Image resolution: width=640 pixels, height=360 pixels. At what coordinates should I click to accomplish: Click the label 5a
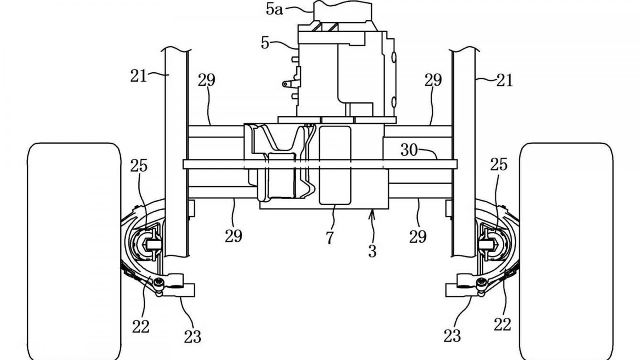[x=274, y=10]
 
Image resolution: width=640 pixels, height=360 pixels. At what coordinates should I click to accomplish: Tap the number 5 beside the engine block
[x=265, y=44]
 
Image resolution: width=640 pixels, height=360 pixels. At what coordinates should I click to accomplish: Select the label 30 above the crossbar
[x=409, y=150]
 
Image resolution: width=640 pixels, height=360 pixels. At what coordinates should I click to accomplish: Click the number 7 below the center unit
[x=330, y=238]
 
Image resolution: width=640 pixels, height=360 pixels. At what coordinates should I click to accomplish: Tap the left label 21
[x=138, y=76]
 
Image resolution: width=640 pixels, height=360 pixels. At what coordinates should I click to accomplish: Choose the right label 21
[x=504, y=80]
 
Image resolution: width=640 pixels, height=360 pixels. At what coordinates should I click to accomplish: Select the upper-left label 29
[x=206, y=80]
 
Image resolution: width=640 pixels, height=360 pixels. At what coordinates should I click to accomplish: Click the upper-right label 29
[x=433, y=80]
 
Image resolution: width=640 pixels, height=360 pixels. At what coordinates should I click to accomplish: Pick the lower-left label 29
[x=234, y=236]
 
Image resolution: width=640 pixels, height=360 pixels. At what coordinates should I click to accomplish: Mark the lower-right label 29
[x=418, y=237]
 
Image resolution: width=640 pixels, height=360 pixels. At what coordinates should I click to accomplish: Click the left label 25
[x=139, y=166]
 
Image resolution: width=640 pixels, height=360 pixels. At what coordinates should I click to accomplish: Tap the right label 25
[x=499, y=165]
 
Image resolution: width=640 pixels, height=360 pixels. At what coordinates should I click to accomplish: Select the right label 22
[x=502, y=324]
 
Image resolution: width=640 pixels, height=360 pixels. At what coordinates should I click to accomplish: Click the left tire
[x=74, y=252]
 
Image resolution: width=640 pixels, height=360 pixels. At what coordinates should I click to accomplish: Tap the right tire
[x=566, y=252]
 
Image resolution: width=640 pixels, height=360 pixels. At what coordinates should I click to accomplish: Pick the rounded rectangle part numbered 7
[x=335, y=165]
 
